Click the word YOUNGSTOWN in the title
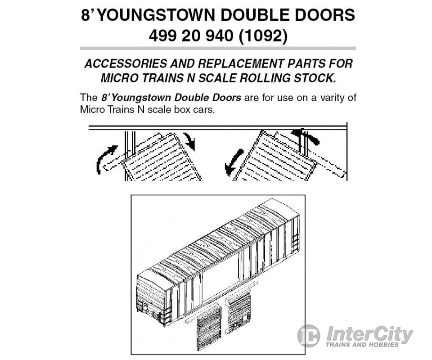pos(157,15)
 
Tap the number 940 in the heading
pos(220,36)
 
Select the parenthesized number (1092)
pos(263,36)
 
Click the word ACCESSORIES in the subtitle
pos(126,63)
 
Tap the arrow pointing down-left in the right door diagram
pos(233,162)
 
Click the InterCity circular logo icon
pos(309,336)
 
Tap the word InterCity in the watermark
pos(369,333)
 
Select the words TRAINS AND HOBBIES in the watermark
pos(362,345)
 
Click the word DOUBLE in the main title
pos(254,15)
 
